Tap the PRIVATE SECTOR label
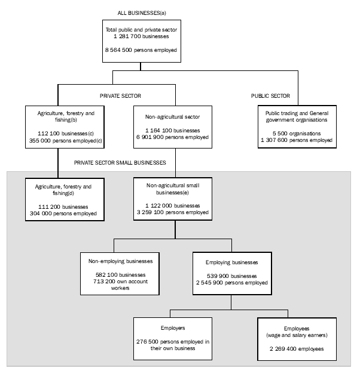pos(120,95)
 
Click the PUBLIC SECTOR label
pos(271,95)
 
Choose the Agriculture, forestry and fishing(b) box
pos(58,126)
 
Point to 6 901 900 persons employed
pos(177,137)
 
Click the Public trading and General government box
pos(297,126)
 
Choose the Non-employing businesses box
pos(120,273)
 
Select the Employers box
pos(173,338)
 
